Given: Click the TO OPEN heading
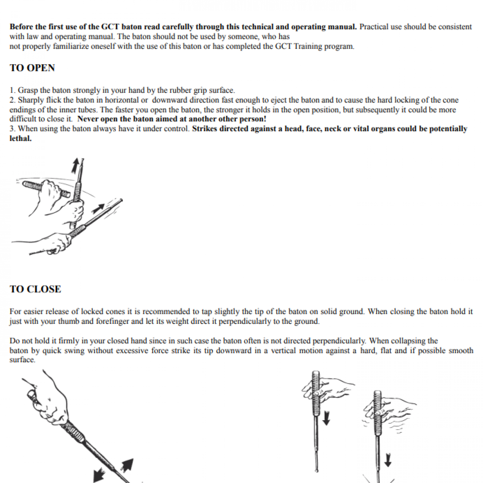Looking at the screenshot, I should click(x=32, y=68).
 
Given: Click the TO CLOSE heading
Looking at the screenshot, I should click(x=35, y=289).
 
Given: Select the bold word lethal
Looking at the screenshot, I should click(x=20, y=139).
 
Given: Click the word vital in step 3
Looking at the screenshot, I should click(x=369, y=129).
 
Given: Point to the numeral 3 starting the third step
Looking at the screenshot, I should click(x=12, y=129).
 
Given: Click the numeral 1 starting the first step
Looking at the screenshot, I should click(x=12, y=91).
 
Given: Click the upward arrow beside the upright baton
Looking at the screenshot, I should click(x=75, y=166).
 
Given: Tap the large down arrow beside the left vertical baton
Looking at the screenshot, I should click(x=326, y=419).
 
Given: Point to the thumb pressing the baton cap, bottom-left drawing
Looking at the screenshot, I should click(x=31, y=394).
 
